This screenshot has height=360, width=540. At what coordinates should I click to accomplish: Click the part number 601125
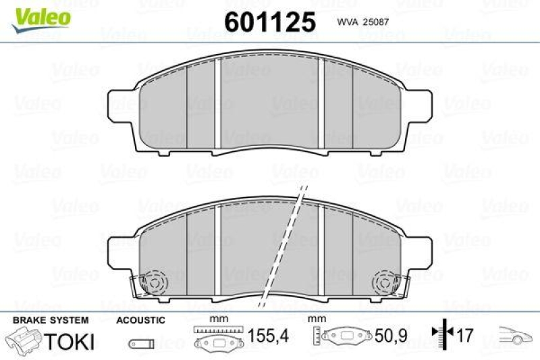(269, 22)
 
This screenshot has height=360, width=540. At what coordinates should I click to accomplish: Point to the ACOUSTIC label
(140, 319)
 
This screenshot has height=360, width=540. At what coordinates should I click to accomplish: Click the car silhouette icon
(514, 334)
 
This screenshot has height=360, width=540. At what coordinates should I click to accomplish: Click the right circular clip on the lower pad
(386, 280)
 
